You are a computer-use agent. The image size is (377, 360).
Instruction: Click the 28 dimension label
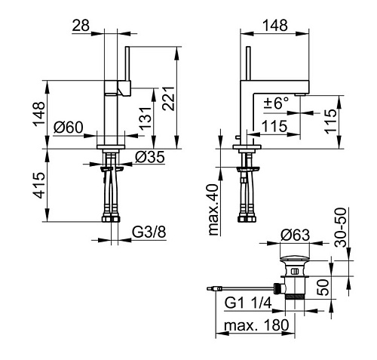click(x=81, y=25)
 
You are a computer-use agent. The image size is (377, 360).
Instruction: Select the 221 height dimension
click(x=168, y=99)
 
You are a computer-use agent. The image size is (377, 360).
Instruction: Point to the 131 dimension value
click(x=146, y=118)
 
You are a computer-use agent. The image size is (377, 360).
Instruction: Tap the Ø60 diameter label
click(x=69, y=127)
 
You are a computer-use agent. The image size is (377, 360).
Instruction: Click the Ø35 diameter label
click(x=150, y=157)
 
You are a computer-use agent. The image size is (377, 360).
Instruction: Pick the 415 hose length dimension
click(x=39, y=186)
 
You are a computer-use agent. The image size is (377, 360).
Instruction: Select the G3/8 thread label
click(x=149, y=232)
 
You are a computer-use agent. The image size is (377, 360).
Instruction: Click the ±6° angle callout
click(x=277, y=103)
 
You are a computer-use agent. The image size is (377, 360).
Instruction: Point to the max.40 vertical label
click(x=214, y=210)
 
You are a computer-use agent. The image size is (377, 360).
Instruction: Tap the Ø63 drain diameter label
click(x=296, y=235)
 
